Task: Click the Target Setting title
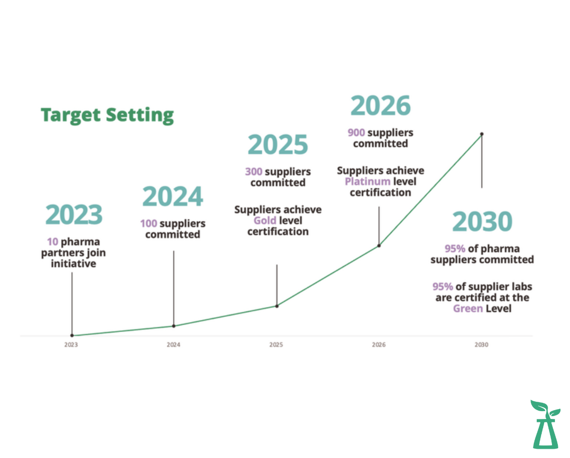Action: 107,115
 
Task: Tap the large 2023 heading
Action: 74,214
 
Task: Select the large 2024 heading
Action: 173,196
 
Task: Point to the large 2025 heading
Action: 278,145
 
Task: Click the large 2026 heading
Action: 381,105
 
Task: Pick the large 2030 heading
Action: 482,221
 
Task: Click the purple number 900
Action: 356,132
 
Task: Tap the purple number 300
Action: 253,171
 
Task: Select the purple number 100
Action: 148,223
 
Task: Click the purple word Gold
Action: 265,220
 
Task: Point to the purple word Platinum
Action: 367,182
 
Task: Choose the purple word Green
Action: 468,309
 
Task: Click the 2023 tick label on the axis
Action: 71,345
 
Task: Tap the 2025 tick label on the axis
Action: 276,345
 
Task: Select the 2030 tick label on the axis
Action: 481,345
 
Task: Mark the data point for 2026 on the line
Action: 379,246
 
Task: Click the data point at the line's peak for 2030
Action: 482,134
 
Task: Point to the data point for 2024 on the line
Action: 174,326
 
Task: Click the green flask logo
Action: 545,424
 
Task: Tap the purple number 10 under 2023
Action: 52,242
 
